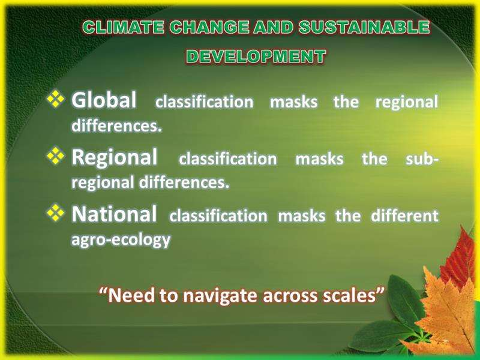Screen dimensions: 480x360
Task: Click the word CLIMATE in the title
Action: click(x=123, y=27)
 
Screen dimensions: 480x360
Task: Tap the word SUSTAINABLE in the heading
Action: click(x=364, y=27)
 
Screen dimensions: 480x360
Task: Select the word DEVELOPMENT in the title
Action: click(x=256, y=56)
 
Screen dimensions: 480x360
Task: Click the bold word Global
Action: click(x=104, y=100)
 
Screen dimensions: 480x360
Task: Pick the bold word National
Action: click(x=114, y=214)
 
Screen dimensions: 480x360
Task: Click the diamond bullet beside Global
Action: click(x=56, y=98)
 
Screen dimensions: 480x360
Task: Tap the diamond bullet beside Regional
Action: click(x=56, y=155)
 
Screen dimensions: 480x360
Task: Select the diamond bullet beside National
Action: click(x=56, y=212)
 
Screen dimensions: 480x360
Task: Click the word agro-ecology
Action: click(x=121, y=239)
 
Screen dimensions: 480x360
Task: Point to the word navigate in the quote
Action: click(x=220, y=295)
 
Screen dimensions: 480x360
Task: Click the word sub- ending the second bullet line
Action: click(x=422, y=159)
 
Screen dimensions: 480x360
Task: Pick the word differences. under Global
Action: click(x=116, y=125)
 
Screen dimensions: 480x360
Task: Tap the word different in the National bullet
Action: click(x=404, y=215)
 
